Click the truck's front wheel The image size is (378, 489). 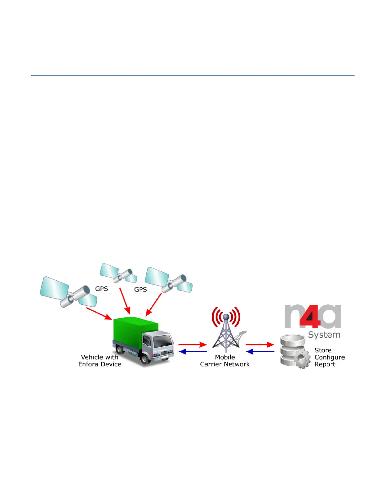145,359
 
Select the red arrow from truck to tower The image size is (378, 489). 192,345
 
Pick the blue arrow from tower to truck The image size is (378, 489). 193,352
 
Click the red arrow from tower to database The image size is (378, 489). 259,345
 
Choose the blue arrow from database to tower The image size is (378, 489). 260,352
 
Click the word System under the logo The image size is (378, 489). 324,335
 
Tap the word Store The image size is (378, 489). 323,350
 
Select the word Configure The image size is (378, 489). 330,357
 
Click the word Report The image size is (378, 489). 325,364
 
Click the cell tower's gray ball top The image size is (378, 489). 226,316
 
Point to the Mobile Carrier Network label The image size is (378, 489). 225,361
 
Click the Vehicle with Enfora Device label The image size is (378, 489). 100,361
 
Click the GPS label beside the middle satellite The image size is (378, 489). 101,289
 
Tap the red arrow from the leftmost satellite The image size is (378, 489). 99,313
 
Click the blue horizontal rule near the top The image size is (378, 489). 193,75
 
